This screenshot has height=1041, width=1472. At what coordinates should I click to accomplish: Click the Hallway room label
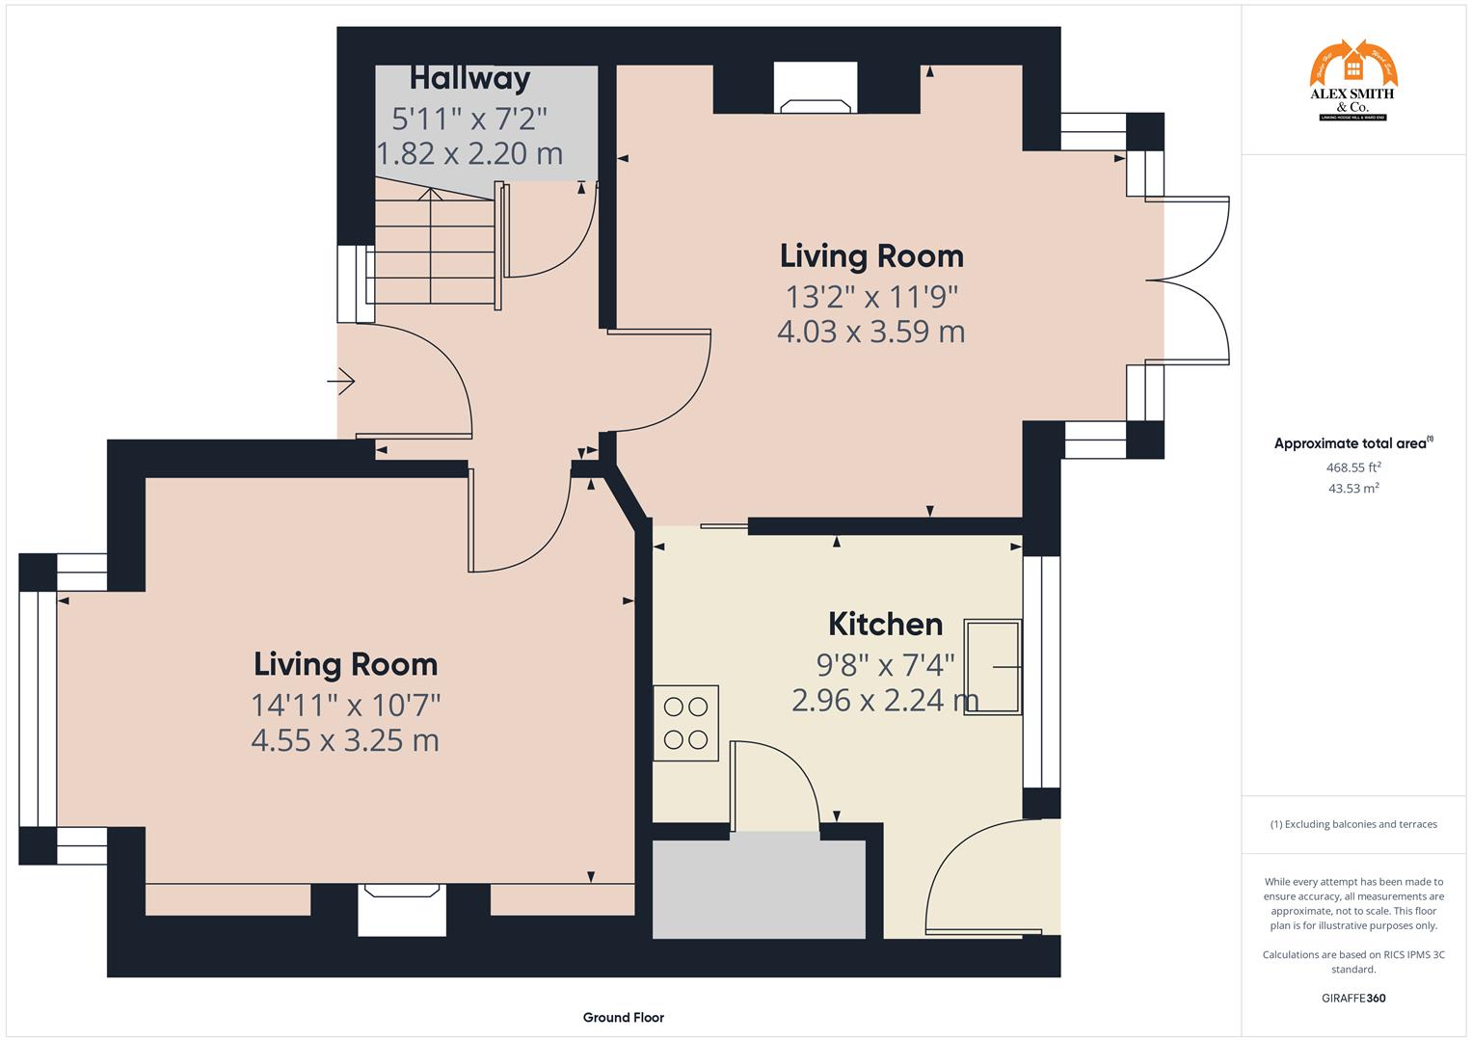point(469,78)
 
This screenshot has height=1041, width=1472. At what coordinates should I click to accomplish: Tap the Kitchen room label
point(885,625)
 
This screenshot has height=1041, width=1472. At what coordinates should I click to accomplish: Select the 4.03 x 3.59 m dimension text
point(870,332)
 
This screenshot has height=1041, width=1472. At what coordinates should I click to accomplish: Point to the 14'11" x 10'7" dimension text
point(345,705)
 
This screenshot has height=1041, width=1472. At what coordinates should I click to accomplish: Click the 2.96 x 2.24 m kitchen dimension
point(884,700)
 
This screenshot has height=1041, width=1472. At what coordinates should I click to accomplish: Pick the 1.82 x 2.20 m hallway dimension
point(468,153)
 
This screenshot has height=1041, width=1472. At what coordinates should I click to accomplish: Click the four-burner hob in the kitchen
point(685,723)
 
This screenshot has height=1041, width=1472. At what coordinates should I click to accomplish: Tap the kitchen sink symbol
point(992,666)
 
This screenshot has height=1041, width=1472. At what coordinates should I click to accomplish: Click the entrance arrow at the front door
point(341,382)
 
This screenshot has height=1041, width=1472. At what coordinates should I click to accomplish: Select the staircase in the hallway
point(434,251)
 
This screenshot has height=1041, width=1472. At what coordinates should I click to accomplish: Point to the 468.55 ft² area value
point(1352,467)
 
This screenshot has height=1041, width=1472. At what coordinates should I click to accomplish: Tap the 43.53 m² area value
point(1352,489)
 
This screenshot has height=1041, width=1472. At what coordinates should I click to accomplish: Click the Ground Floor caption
point(623,1017)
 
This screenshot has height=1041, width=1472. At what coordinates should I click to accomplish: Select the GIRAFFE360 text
point(1352,998)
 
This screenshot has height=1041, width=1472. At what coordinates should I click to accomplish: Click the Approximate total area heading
point(1352,443)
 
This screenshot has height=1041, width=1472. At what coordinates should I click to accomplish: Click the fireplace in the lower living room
point(402,910)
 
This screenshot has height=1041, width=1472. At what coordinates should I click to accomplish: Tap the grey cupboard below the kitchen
point(759,889)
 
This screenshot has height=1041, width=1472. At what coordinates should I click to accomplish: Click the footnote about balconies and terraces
point(1352,824)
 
